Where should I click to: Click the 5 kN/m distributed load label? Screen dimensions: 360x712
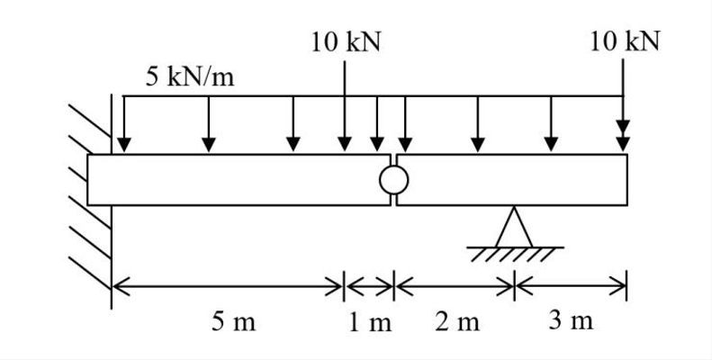point(190,76)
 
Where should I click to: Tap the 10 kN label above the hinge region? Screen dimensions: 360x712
point(347,42)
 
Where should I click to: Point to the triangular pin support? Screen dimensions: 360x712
point(515,227)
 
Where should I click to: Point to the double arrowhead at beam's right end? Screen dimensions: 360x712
point(623,141)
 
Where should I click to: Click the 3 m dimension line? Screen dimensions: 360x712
point(571,287)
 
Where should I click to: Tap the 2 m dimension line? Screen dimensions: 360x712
point(455,287)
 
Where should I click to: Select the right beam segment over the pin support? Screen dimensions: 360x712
point(513,180)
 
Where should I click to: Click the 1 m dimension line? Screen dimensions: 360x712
point(370,287)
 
